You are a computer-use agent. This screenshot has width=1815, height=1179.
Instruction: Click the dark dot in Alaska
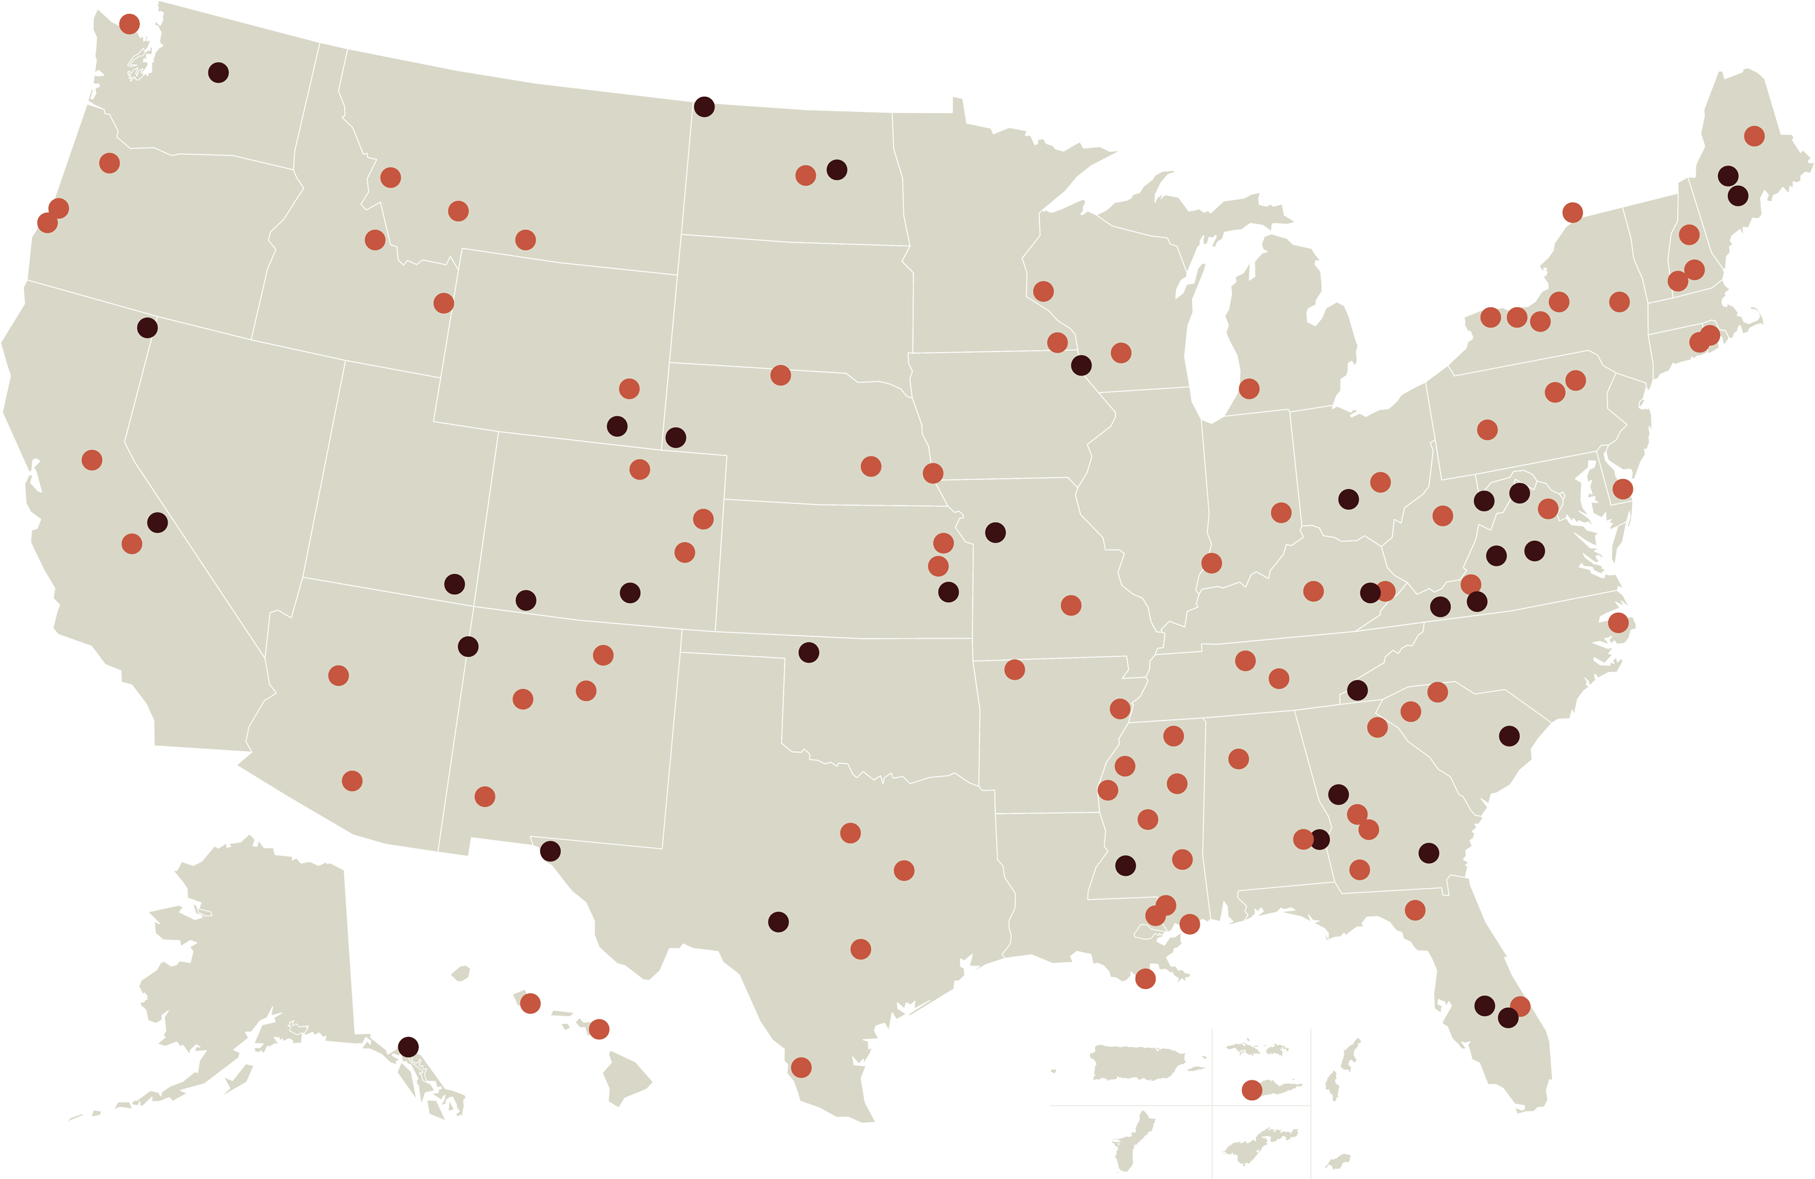coord(408,1047)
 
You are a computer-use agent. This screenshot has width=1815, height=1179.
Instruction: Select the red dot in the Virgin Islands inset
coord(1251,1090)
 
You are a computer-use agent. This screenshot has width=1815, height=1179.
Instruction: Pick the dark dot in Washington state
coord(218,73)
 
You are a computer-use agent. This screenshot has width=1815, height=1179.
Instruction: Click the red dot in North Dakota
coord(805,175)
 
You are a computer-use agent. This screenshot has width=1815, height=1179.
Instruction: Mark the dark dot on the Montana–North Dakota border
coord(704,106)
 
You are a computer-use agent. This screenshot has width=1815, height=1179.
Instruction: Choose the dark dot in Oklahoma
coord(808,652)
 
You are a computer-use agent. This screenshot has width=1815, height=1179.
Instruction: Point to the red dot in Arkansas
coord(1014,670)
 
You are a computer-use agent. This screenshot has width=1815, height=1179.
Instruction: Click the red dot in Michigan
coord(1248,389)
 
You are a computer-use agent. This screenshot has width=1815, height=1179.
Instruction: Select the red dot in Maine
coord(1754,136)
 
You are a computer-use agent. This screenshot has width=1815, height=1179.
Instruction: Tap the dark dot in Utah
coord(454,584)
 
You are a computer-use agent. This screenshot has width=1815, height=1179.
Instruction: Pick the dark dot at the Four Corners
coord(468,647)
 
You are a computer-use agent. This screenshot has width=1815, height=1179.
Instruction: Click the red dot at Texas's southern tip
coord(801,1067)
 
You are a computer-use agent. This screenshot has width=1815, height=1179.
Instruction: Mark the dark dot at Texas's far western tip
coord(550,851)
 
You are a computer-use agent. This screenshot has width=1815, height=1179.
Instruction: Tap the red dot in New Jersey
coord(1622,489)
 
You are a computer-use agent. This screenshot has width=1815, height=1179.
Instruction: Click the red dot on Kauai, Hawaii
coord(530,1004)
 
